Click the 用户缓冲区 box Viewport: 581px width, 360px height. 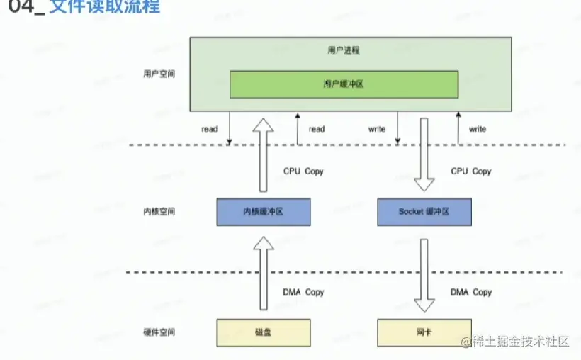point(344,84)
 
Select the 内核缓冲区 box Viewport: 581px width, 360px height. point(264,212)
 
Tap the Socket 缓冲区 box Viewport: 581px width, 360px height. point(424,212)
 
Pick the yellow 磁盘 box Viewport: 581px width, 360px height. point(264,332)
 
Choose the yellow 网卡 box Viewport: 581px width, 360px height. point(424,332)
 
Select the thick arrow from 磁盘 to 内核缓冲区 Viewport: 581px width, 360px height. point(264,274)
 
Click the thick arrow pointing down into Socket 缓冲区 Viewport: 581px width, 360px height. point(424,154)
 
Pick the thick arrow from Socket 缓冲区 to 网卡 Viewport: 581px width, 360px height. point(424,275)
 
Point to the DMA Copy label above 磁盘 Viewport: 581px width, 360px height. point(303,292)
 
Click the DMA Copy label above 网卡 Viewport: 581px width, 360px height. point(470,292)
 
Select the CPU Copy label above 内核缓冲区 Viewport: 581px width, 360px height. point(303,171)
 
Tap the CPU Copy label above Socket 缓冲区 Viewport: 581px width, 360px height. point(470,171)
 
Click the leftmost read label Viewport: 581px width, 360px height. point(209,129)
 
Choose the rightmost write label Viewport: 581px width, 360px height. point(477,129)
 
